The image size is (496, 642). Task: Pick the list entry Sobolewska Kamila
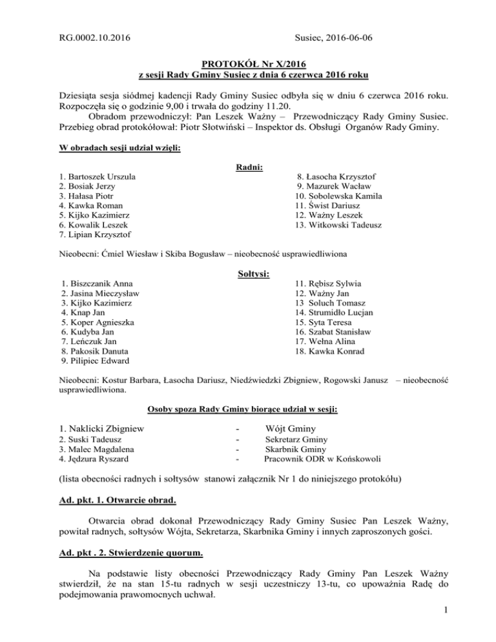click(338, 195)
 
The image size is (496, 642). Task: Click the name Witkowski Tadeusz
click(338, 226)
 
